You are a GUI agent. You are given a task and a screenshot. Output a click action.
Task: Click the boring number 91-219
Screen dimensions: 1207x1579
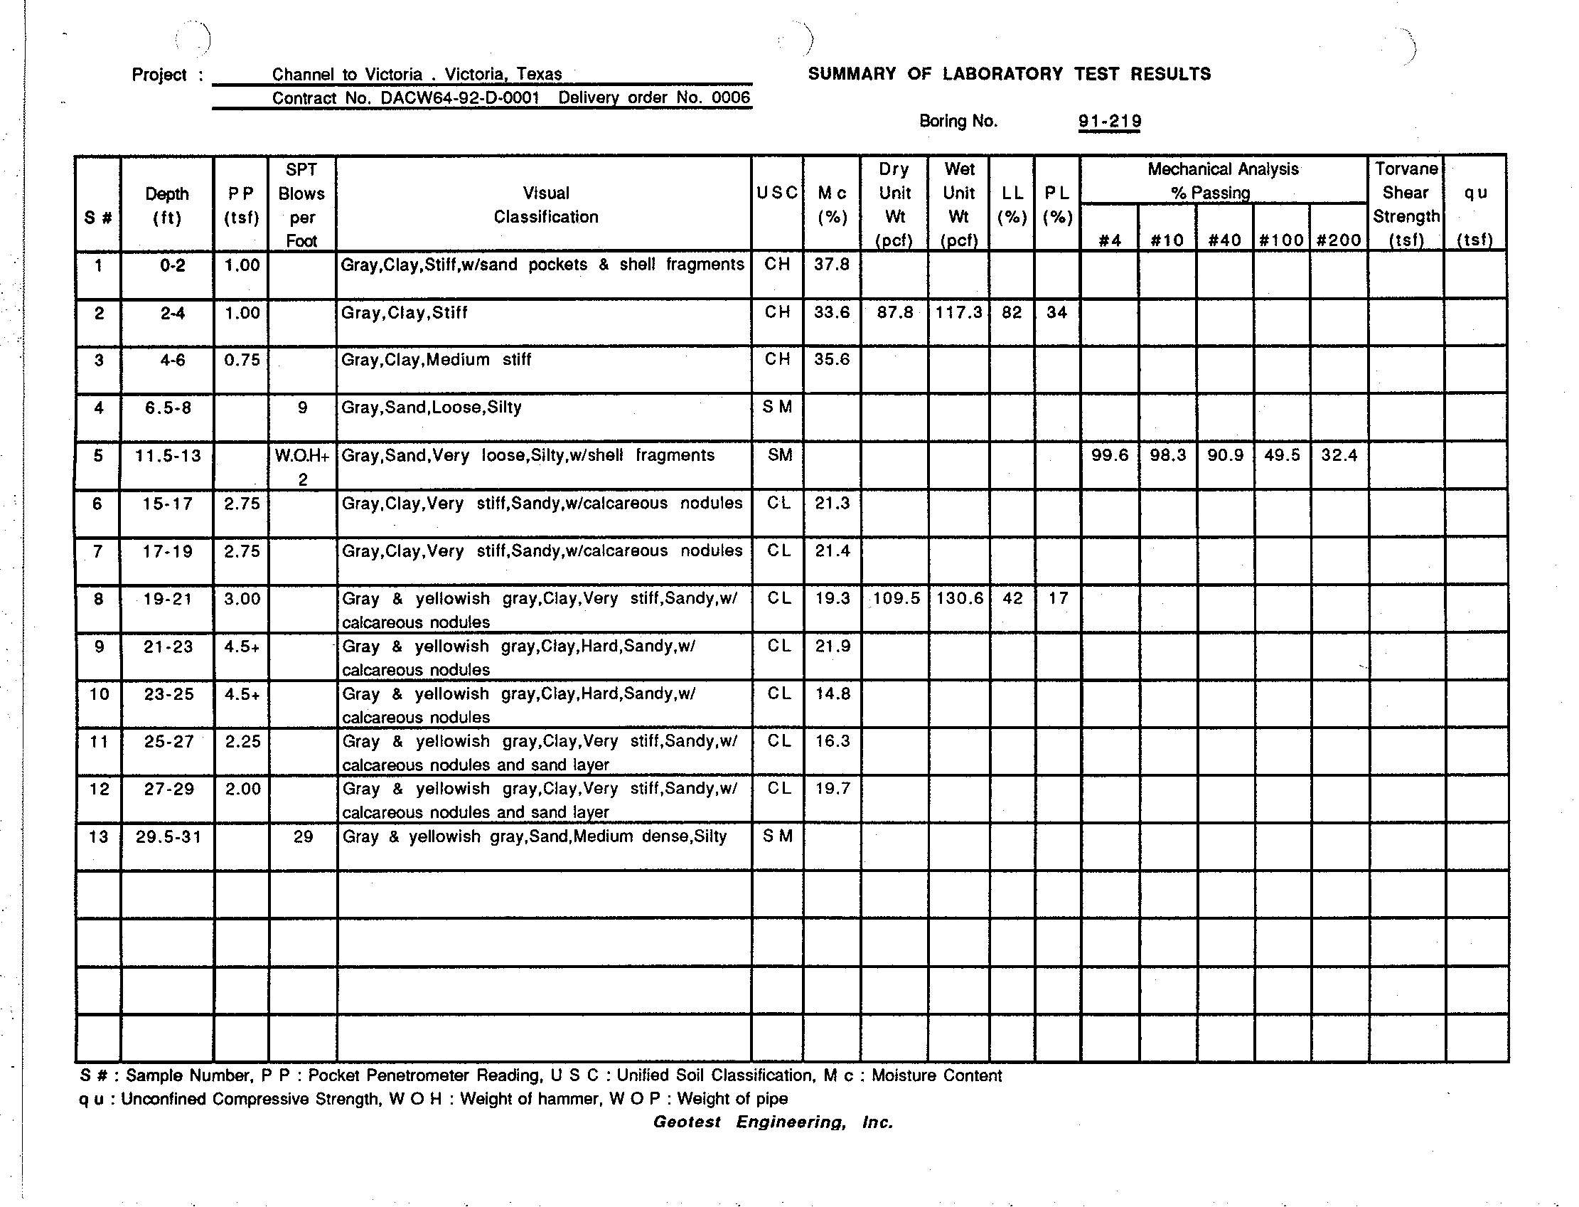coord(1109,121)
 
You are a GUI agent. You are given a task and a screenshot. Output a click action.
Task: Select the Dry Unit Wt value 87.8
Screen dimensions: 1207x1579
coord(894,312)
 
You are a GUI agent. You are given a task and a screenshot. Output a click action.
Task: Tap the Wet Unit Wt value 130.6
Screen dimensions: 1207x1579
coord(959,598)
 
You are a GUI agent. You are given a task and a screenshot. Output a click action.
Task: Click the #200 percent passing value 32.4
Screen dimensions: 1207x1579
coord(1339,454)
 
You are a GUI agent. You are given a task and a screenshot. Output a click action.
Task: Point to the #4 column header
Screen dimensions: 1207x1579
coord(1109,240)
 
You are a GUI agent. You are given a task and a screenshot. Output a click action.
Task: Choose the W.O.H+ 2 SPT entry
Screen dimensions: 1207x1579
coord(302,467)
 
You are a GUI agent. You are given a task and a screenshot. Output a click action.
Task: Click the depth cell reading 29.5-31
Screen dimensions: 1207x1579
coord(168,836)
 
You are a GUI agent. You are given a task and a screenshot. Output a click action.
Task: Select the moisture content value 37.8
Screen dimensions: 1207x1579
coord(832,265)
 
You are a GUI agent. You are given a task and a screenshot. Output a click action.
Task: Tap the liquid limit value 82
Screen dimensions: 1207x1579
coord(1011,312)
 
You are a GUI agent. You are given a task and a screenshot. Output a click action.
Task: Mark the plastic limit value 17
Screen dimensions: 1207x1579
coord(1058,598)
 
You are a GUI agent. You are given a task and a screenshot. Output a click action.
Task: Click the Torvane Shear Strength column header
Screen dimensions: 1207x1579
coord(1406,204)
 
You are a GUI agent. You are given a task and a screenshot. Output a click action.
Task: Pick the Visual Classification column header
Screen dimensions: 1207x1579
coord(546,205)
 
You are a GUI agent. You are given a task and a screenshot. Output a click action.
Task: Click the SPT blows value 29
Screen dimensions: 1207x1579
coord(303,836)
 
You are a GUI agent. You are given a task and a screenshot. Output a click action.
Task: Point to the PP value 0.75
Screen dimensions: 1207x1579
coord(242,360)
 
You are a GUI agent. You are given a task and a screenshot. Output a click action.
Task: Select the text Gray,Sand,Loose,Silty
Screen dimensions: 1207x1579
coord(432,408)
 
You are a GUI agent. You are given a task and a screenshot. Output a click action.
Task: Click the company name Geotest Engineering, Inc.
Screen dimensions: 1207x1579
coord(773,1122)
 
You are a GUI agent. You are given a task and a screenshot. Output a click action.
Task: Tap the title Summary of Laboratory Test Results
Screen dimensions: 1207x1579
coord(1009,74)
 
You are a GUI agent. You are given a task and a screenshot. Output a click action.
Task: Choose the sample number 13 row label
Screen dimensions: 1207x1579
coord(98,836)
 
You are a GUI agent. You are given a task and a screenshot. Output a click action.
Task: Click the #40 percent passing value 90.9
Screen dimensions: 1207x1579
coord(1225,454)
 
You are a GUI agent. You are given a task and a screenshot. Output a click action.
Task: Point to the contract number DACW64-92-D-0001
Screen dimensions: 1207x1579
coord(459,97)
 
